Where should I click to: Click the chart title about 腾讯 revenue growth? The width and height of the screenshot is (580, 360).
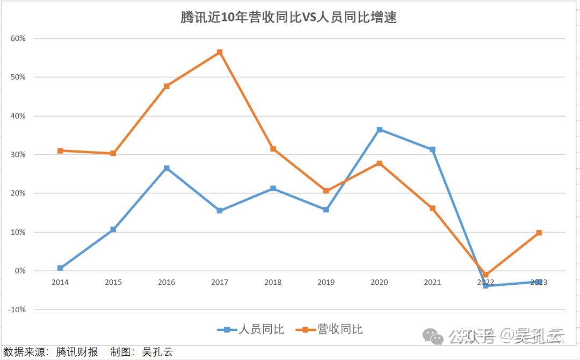288,17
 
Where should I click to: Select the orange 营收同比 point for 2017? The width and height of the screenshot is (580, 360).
220,52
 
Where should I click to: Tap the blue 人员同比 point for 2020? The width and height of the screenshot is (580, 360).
380,129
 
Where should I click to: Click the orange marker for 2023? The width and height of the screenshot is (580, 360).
539,233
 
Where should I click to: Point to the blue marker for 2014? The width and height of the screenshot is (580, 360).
60,268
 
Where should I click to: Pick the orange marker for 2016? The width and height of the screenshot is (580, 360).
166,86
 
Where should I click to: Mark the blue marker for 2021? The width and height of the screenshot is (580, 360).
432,149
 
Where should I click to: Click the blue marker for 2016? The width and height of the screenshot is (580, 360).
166,168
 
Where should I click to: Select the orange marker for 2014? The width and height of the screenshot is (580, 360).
60,150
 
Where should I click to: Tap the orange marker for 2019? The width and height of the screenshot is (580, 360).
326,191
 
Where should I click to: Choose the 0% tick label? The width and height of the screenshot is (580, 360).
20,271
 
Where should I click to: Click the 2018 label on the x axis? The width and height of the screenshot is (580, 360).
273,282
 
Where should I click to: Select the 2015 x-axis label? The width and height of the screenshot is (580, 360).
113,282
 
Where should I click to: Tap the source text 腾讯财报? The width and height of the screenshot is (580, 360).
78,352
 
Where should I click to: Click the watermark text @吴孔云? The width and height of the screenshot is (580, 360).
532,336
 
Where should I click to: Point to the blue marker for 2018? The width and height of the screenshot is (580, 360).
273,189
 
